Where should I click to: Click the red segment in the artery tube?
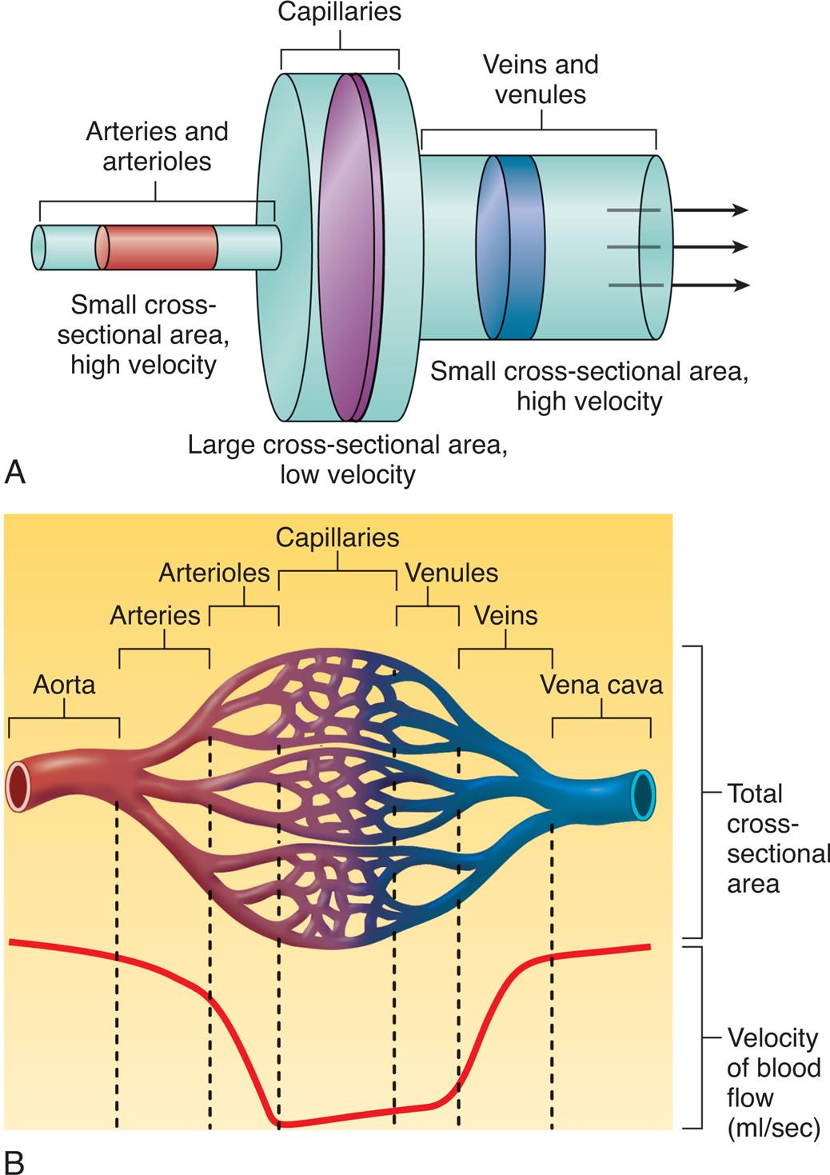click(x=160, y=247)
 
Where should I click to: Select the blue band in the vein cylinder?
click(x=512, y=247)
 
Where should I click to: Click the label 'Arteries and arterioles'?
click(x=157, y=146)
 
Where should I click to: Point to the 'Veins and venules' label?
click(x=541, y=79)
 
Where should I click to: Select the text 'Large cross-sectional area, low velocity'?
click(x=348, y=460)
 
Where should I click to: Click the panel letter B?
click(x=14, y=1162)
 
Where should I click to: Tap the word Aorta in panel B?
click(x=64, y=685)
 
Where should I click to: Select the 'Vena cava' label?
click(x=601, y=685)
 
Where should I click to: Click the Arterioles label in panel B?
click(x=214, y=573)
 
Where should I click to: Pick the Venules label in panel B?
click(x=452, y=573)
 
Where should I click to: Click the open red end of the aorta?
click(x=17, y=786)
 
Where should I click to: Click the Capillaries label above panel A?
click(x=340, y=12)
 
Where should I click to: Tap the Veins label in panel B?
click(x=505, y=615)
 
